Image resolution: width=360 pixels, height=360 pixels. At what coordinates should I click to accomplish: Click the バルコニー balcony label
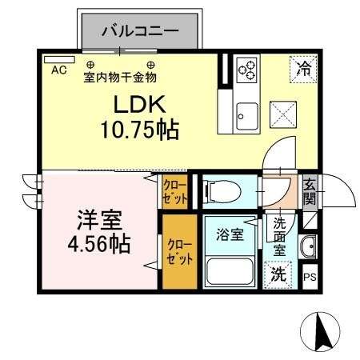[139, 33]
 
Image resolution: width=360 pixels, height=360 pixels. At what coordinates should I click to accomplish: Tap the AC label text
[58, 70]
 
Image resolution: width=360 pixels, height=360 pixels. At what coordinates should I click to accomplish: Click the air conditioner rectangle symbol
[54, 59]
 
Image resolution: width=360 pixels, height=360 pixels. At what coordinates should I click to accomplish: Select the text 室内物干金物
[120, 77]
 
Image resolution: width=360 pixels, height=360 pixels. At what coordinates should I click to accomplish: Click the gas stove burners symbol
[246, 69]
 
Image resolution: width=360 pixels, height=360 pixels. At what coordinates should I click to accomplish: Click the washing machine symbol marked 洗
[278, 273]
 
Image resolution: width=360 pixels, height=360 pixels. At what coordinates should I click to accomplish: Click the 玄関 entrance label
[310, 192]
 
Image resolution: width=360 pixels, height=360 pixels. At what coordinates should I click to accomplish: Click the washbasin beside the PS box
[310, 247]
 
